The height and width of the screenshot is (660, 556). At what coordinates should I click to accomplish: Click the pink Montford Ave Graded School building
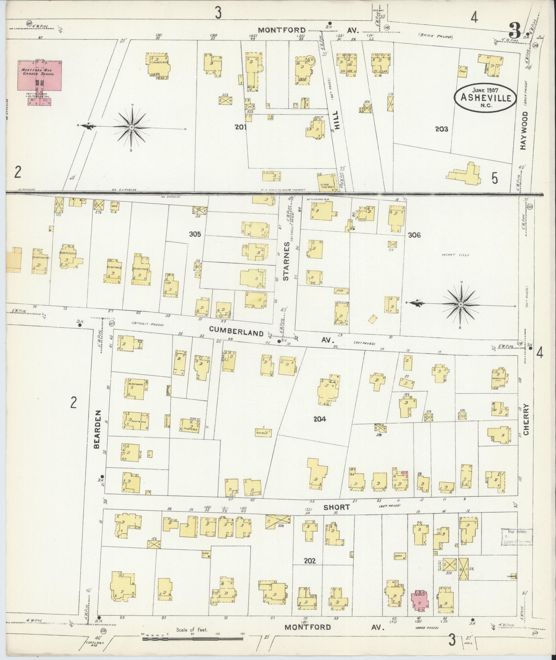(x=40, y=76)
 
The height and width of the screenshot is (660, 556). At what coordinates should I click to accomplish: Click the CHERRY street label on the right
(x=526, y=420)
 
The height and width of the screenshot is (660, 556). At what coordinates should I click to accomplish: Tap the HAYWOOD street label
(x=524, y=130)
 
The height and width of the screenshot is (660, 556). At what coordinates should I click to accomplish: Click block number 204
(x=320, y=420)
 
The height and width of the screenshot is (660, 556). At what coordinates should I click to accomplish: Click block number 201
(x=240, y=127)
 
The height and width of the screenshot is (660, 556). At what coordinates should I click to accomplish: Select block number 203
(x=441, y=129)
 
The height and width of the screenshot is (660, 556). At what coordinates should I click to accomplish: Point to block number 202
(x=310, y=561)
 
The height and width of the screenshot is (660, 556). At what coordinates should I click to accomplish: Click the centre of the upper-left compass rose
(x=132, y=128)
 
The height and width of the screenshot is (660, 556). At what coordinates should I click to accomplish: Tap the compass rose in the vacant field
(x=461, y=304)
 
